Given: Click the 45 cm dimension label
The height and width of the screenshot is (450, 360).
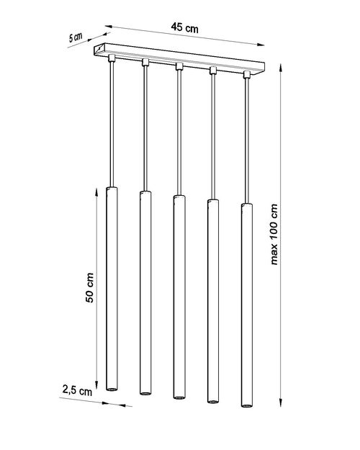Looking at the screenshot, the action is click(184, 27).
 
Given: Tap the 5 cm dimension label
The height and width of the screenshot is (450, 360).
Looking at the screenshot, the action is click(76, 37).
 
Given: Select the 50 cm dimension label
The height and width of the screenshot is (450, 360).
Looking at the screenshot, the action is click(89, 287).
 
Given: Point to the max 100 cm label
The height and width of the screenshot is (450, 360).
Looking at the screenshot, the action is click(274, 234).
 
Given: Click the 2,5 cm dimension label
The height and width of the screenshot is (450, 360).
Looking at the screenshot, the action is click(77, 390).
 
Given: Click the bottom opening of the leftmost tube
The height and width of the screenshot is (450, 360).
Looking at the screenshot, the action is click(112, 389).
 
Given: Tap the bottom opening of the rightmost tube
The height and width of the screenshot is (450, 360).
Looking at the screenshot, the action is click(247, 405).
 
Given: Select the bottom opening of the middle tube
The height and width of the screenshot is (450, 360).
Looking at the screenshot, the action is click(179, 397).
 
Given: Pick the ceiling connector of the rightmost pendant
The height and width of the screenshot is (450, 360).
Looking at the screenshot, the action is click(246, 74).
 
